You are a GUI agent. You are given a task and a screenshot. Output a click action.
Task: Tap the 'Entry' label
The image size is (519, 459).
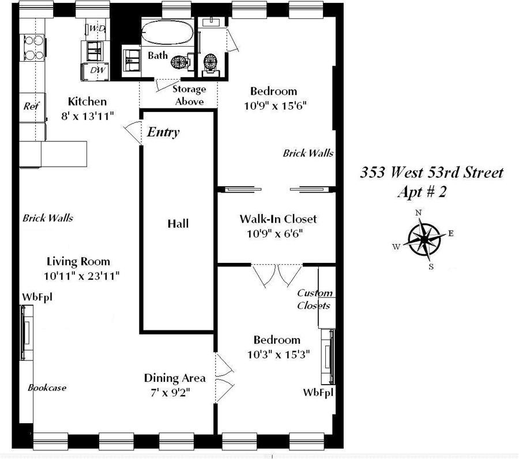pyautogui.click(x=163, y=132)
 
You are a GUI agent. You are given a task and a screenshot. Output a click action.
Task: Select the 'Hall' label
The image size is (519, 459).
pyautogui.click(x=178, y=224)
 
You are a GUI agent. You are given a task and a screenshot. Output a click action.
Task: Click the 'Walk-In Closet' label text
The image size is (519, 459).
pyautogui.click(x=278, y=219)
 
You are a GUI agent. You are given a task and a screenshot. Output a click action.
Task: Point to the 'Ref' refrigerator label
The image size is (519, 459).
pyautogui.click(x=30, y=106)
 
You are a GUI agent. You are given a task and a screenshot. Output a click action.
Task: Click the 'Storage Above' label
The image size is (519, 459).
pyautogui.click(x=189, y=96)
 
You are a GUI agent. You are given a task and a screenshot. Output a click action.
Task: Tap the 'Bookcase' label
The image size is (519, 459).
pyautogui.click(x=47, y=387)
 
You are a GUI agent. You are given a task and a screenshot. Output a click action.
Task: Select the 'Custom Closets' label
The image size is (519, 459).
pyautogui.click(x=314, y=299)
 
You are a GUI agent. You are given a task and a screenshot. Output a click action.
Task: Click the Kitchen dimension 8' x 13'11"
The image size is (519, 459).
pyautogui.click(x=88, y=115)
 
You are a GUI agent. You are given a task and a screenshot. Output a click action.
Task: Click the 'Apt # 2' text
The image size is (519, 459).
pyautogui.click(x=422, y=192)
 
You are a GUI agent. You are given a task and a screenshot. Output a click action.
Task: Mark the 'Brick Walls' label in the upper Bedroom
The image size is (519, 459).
pyautogui.click(x=308, y=153)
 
